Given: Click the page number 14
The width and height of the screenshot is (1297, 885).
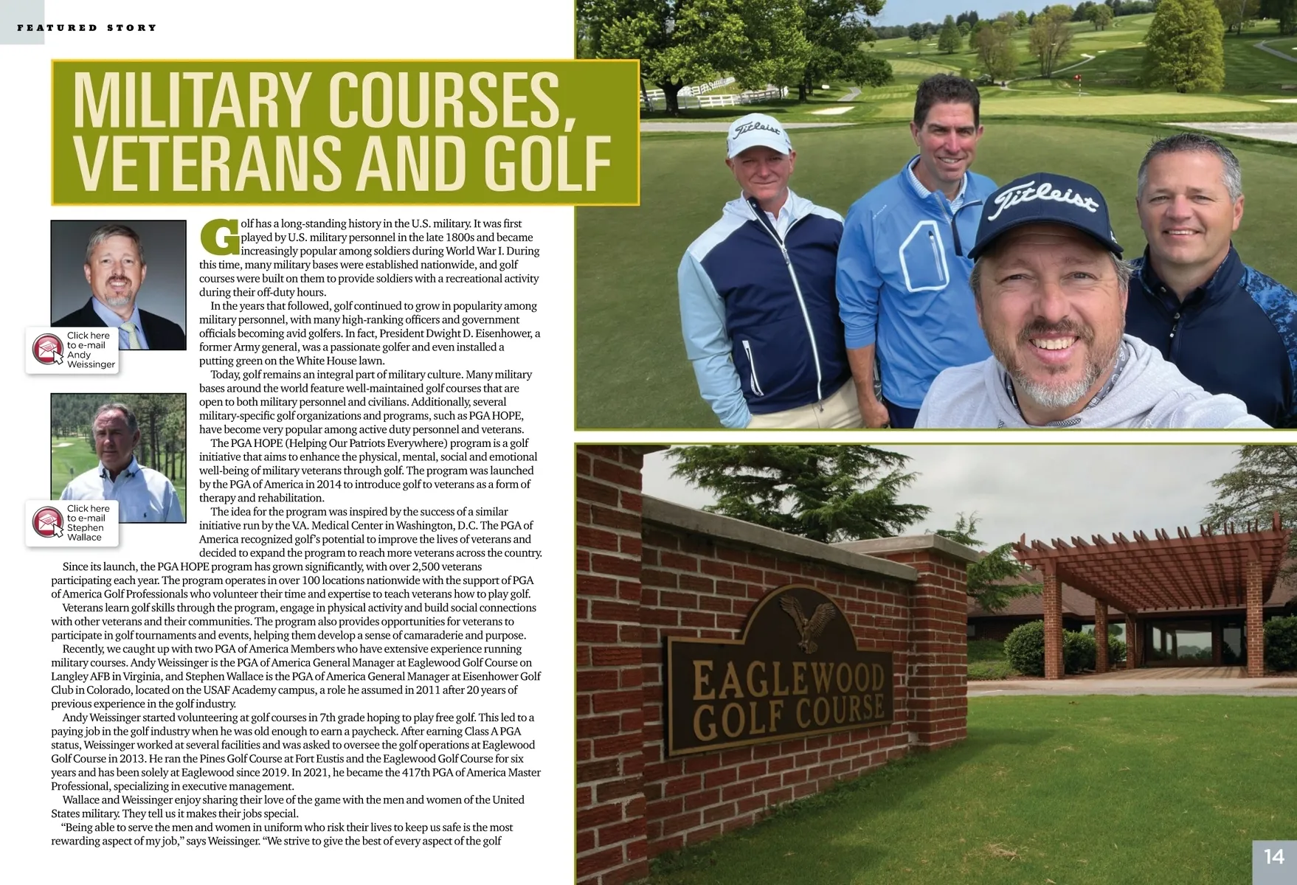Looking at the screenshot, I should tap(1274, 856).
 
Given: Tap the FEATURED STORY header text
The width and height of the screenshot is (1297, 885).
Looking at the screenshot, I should tap(87, 28).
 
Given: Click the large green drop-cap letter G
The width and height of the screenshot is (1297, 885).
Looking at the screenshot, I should tap(219, 237).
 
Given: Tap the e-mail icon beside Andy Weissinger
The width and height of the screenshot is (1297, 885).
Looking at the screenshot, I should tap(48, 349).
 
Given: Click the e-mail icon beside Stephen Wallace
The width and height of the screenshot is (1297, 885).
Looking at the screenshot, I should tap(48, 522).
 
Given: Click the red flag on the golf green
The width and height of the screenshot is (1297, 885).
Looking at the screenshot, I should tap(1078, 78).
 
